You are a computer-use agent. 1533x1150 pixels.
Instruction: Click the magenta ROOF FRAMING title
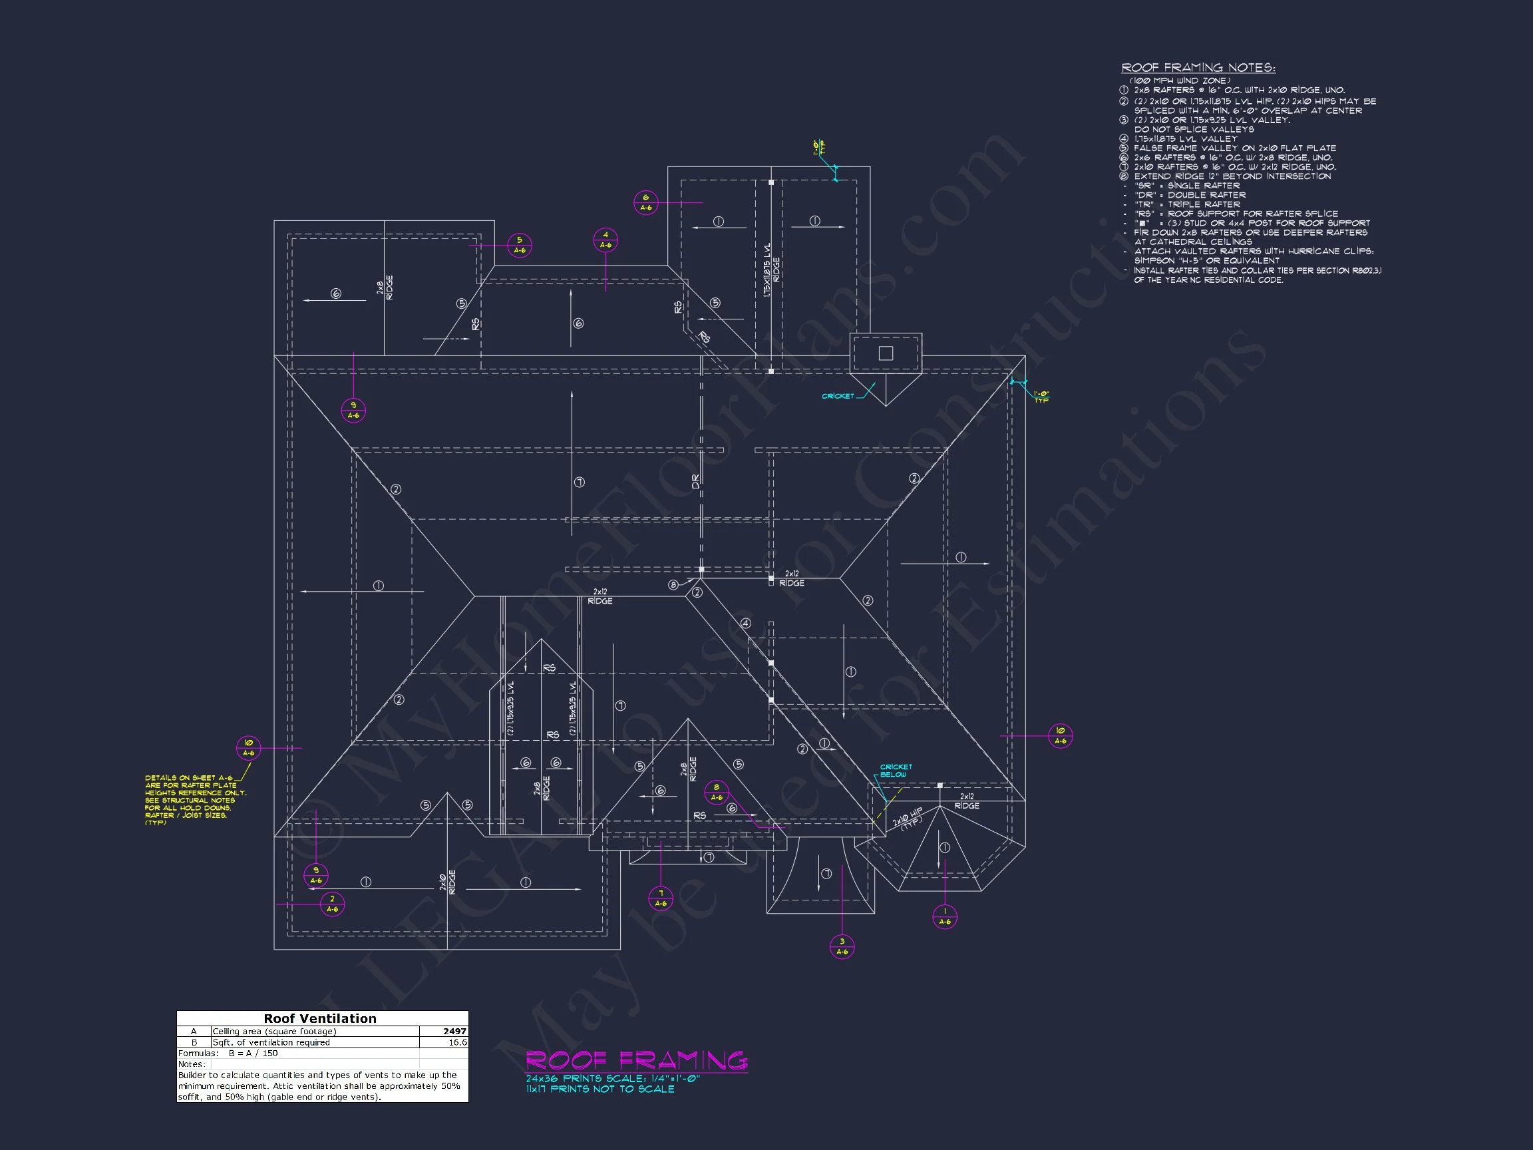pos(636,1060)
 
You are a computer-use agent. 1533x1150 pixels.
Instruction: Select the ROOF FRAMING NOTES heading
pos(1198,67)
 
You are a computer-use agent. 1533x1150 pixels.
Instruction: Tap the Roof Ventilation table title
pos(320,1018)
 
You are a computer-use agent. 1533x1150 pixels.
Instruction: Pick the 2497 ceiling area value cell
pos(454,1032)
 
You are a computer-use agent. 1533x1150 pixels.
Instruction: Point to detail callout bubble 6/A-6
pos(646,202)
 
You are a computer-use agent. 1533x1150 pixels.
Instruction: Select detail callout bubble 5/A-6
pos(519,246)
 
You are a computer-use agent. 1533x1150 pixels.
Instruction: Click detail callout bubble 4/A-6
pos(605,240)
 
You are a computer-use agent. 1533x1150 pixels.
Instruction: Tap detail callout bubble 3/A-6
pos(842,946)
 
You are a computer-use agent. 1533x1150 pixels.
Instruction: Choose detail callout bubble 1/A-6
pos(945,916)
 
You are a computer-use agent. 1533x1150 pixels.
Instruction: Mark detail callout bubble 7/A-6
pos(661,898)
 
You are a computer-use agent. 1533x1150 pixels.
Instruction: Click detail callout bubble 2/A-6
pos(332,904)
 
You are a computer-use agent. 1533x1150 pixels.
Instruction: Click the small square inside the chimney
pos(886,353)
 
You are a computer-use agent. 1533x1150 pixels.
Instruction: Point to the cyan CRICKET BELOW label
pos(896,771)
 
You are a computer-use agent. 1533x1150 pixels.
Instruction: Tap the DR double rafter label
pos(696,482)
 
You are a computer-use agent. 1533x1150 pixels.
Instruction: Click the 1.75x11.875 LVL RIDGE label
pos(771,270)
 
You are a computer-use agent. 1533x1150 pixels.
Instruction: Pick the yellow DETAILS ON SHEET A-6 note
pos(195,799)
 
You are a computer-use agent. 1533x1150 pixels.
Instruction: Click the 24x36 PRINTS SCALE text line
pos(613,1079)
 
